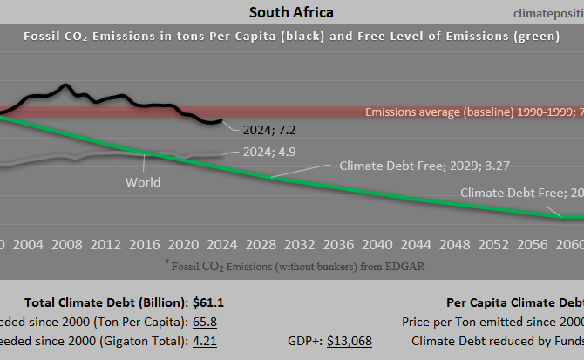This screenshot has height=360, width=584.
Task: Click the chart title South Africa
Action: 290,12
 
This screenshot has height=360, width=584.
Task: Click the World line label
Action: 143,182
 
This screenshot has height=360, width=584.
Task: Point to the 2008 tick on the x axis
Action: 67,244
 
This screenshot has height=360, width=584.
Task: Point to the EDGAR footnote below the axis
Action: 295,266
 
